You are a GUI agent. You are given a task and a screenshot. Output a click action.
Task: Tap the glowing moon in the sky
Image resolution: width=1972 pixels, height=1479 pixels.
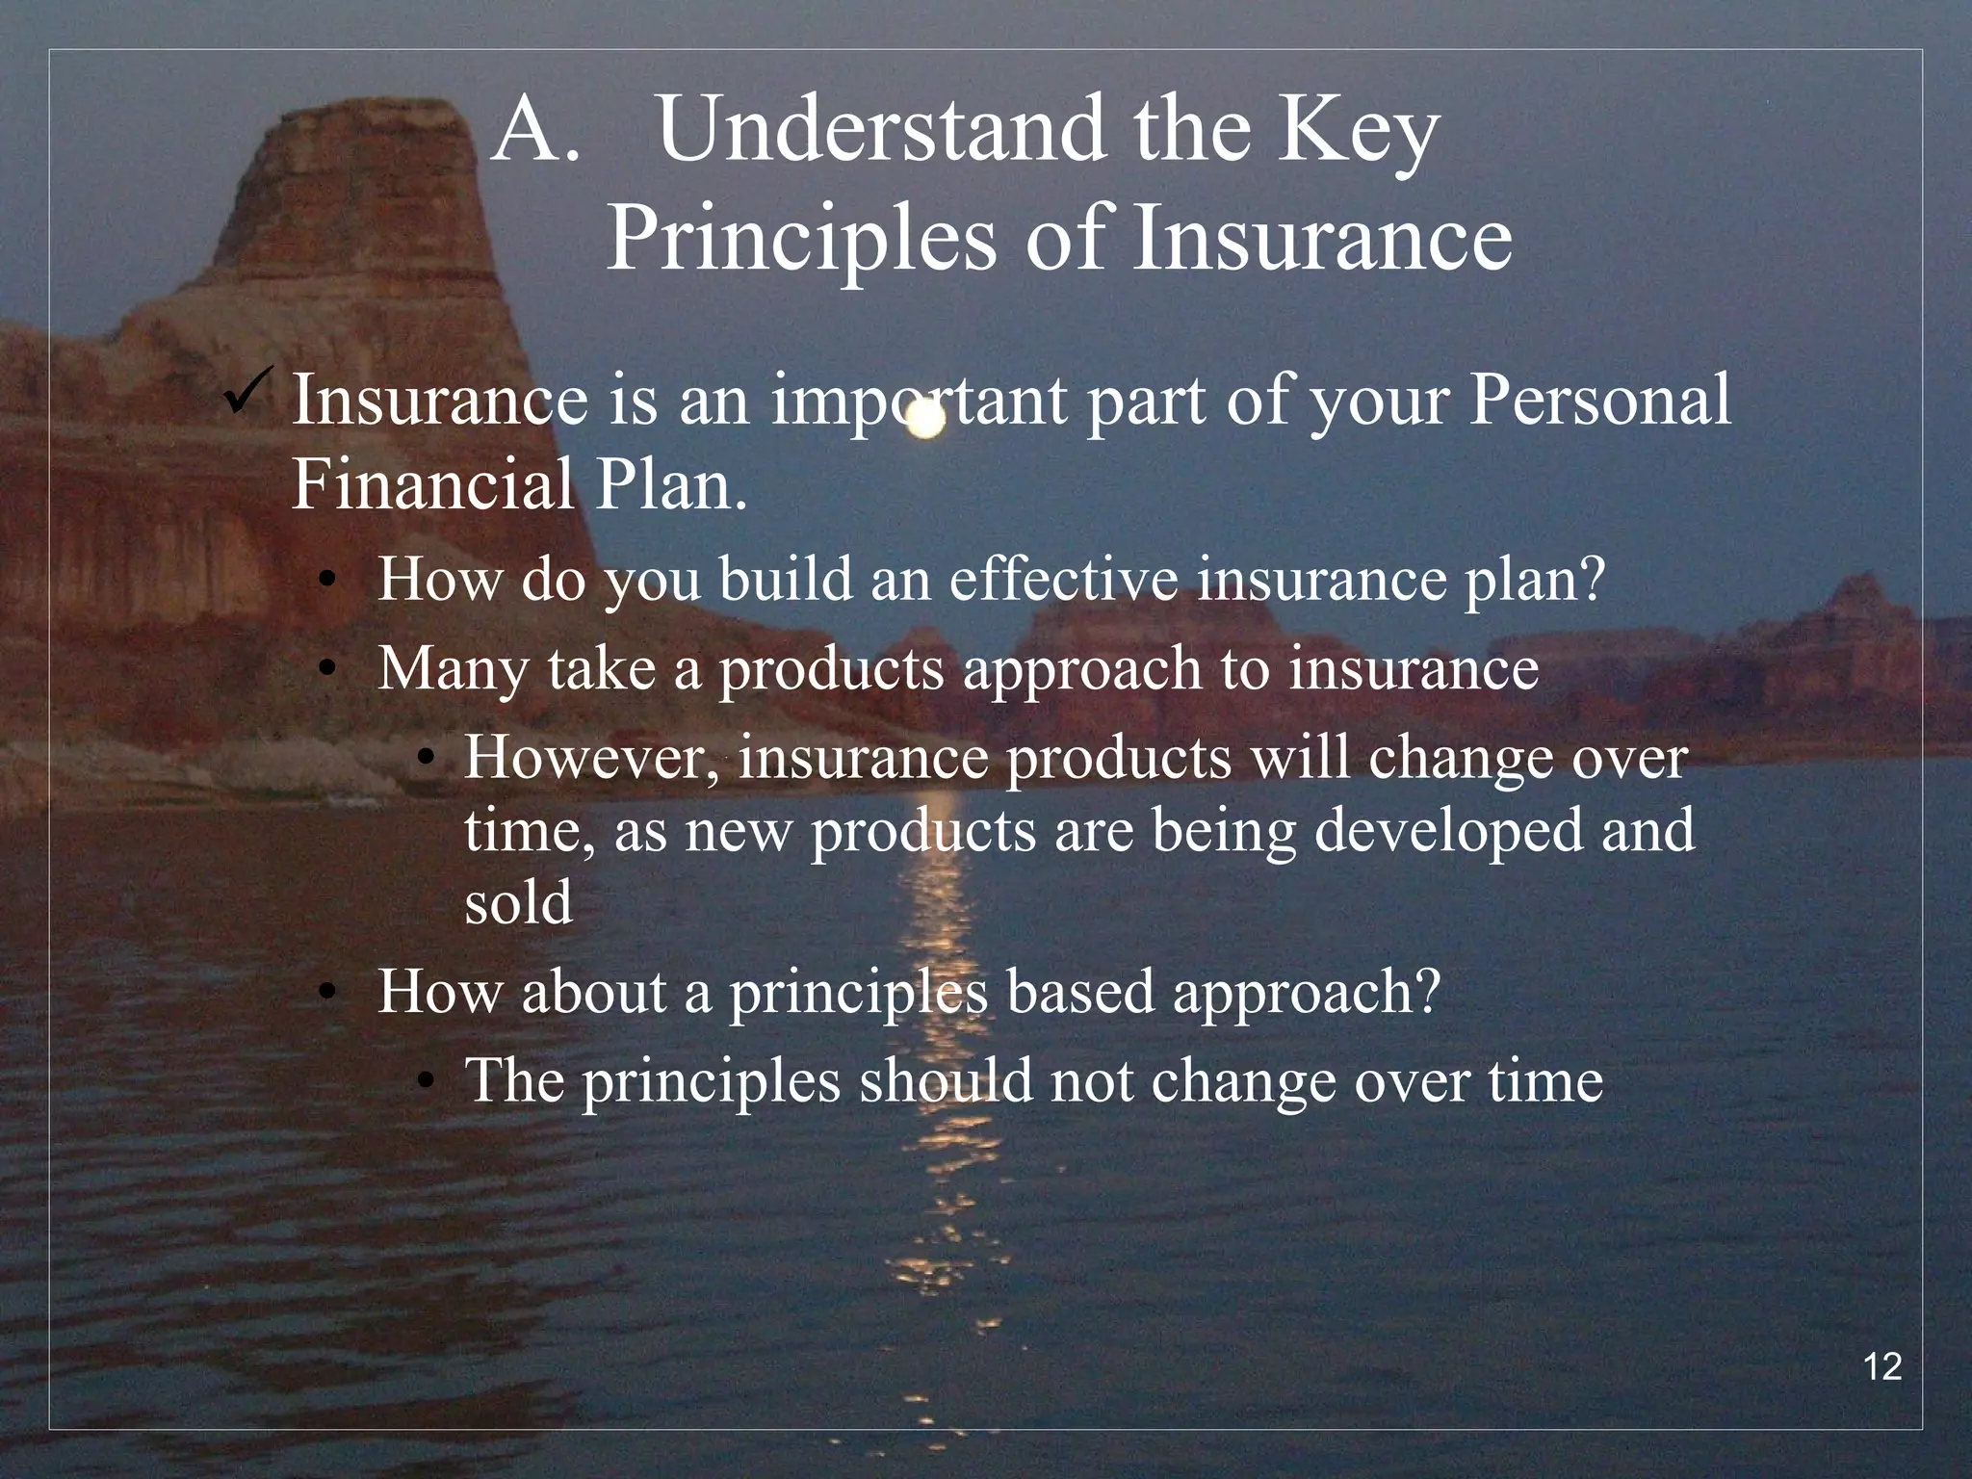926,420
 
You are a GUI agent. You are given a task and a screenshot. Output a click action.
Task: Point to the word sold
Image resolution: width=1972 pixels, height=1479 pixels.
518,903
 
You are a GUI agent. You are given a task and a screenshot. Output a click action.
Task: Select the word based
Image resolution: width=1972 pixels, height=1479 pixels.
1078,992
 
